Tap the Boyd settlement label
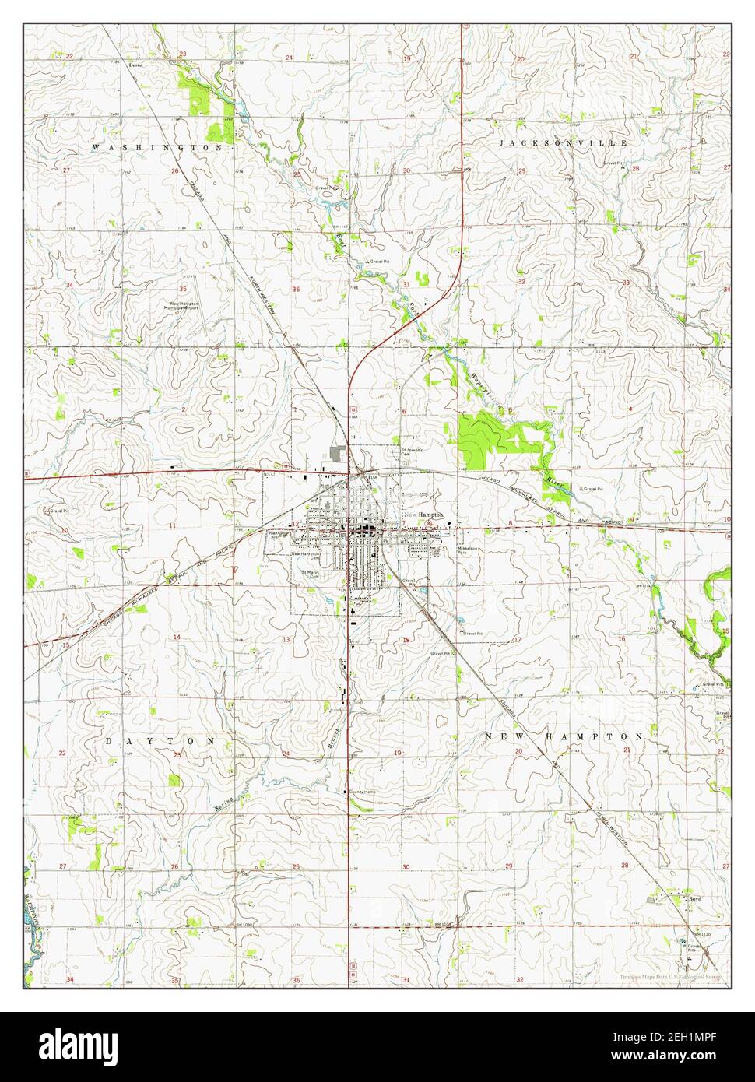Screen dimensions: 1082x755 point(695,898)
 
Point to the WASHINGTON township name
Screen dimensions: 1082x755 point(159,146)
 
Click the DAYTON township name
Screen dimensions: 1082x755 point(160,742)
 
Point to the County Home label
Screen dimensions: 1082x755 point(362,792)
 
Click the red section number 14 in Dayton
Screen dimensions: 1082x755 point(177,637)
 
